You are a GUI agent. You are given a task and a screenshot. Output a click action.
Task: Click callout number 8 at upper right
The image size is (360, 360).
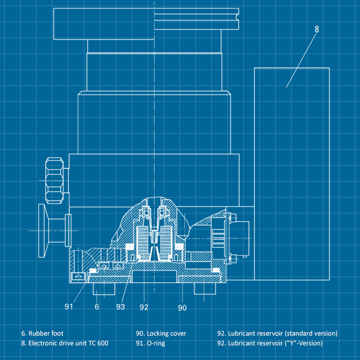coord(317,29)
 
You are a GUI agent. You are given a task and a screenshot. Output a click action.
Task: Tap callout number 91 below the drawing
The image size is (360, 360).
coord(68,307)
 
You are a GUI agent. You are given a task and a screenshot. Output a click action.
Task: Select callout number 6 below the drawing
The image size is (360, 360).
coord(97,307)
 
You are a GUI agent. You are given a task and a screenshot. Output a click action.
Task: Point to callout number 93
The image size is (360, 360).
coord(120,307)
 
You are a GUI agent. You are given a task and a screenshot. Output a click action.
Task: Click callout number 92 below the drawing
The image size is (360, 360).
coord(143,307)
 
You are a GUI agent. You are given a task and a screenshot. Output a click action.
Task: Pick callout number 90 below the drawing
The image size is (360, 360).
coord(182,308)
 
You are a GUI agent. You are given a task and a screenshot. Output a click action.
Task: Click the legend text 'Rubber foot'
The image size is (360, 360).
coord(46,333)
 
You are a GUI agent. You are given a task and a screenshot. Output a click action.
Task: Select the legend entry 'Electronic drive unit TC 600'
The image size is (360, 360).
coord(68,343)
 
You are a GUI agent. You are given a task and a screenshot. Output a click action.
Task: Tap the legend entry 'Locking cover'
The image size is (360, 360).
coord(167,333)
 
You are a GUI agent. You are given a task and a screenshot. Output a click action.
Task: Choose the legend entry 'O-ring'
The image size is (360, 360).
coord(156,344)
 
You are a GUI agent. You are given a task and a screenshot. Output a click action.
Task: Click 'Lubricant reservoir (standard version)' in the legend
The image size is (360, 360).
coord(283,333)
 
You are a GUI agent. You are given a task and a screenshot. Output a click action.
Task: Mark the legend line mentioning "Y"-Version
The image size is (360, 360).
coord(270,343)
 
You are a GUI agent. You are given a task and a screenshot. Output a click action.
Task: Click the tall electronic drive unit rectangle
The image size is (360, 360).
coord(292,174)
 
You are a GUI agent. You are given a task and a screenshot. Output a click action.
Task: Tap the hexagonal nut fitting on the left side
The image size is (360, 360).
coord(55,181)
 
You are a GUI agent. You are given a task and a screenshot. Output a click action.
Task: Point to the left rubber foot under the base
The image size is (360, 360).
coord(104,289)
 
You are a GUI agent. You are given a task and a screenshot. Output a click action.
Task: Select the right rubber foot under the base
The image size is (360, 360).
coord(205,289)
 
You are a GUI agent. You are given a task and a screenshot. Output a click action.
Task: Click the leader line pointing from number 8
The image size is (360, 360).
coord(301,61)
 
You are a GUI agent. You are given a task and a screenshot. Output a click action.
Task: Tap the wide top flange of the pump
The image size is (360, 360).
coord(146,24)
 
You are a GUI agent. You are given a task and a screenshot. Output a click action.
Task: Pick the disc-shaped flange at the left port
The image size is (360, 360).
coord(42,230)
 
